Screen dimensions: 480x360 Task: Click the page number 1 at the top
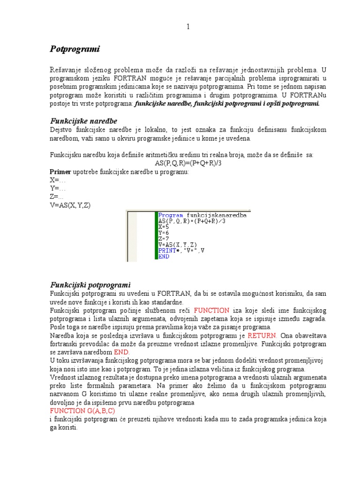[x=188, y=27]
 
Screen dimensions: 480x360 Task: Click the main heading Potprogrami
[x=75, y=49]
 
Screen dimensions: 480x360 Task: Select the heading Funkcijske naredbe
[x=83, y=121]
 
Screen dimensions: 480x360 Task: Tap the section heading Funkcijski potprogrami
[x=90, y=285]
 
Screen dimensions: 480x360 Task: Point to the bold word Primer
[x=59, y=172]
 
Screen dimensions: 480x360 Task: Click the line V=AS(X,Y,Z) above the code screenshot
[x=71, y=205]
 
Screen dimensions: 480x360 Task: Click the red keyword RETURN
[x=262, y=336]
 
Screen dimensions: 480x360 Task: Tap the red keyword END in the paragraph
[x=120, y=352]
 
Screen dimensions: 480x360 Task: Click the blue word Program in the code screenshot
[x=171, y=215]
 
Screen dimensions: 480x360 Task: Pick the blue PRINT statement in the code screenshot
[x=168, y=250]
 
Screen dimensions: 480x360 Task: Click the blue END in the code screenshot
[x=164, y=256]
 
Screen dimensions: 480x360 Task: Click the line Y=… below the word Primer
[x=58, y=188]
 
